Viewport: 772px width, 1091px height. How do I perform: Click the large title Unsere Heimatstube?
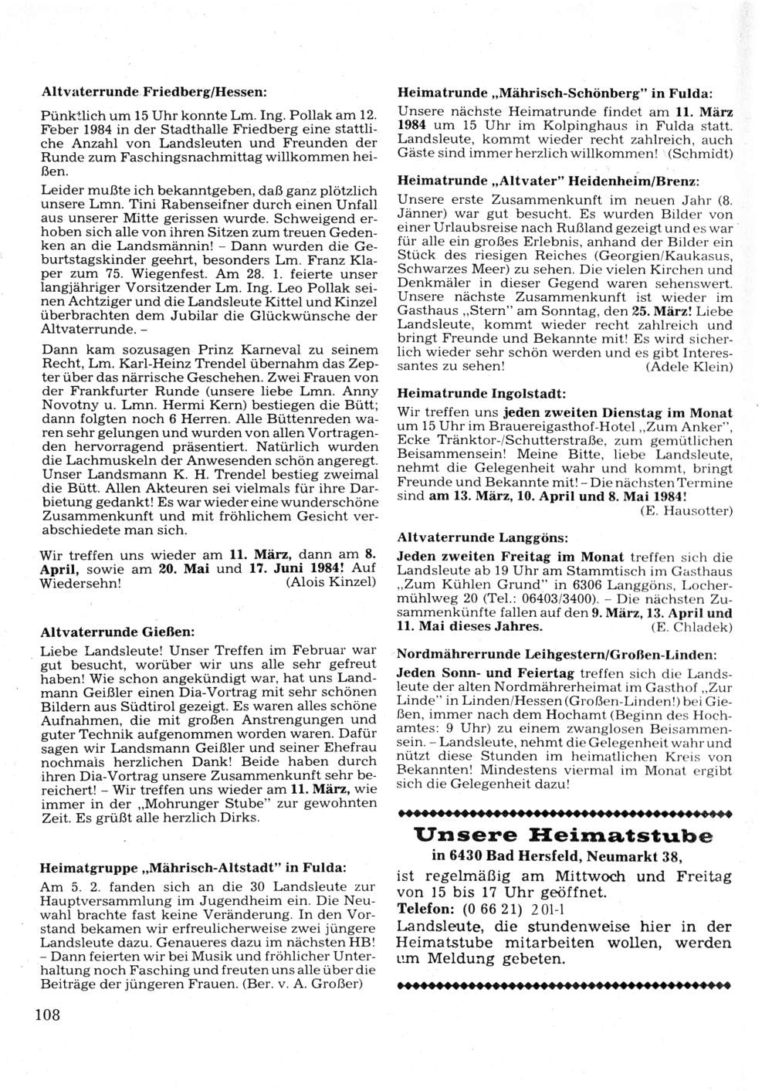tap(563, 835)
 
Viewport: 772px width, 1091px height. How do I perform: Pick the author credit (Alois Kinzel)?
tap(331, 581)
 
